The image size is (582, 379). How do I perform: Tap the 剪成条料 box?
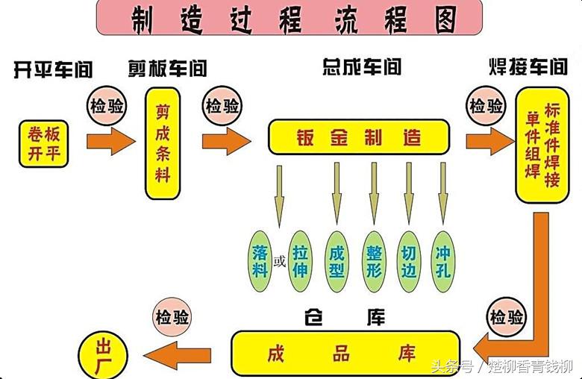click(x=163, y=142)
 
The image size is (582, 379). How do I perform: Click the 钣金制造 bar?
click(x=359, y=137)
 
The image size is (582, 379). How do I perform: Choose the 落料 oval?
click(x=260, y=260)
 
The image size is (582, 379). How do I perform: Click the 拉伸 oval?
click(x=300, y=260)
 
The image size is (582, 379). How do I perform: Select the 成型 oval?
click(x=337, y=260)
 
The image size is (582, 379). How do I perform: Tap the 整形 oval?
click(x=374, y=260)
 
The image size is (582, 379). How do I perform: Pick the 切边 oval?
click(x=409, y=260)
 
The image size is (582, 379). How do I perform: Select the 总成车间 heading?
click(x=361, y=67)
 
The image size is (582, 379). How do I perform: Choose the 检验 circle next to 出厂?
click(x=172, y=316)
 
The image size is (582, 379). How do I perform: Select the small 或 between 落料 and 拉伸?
click(x=280, y=262)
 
